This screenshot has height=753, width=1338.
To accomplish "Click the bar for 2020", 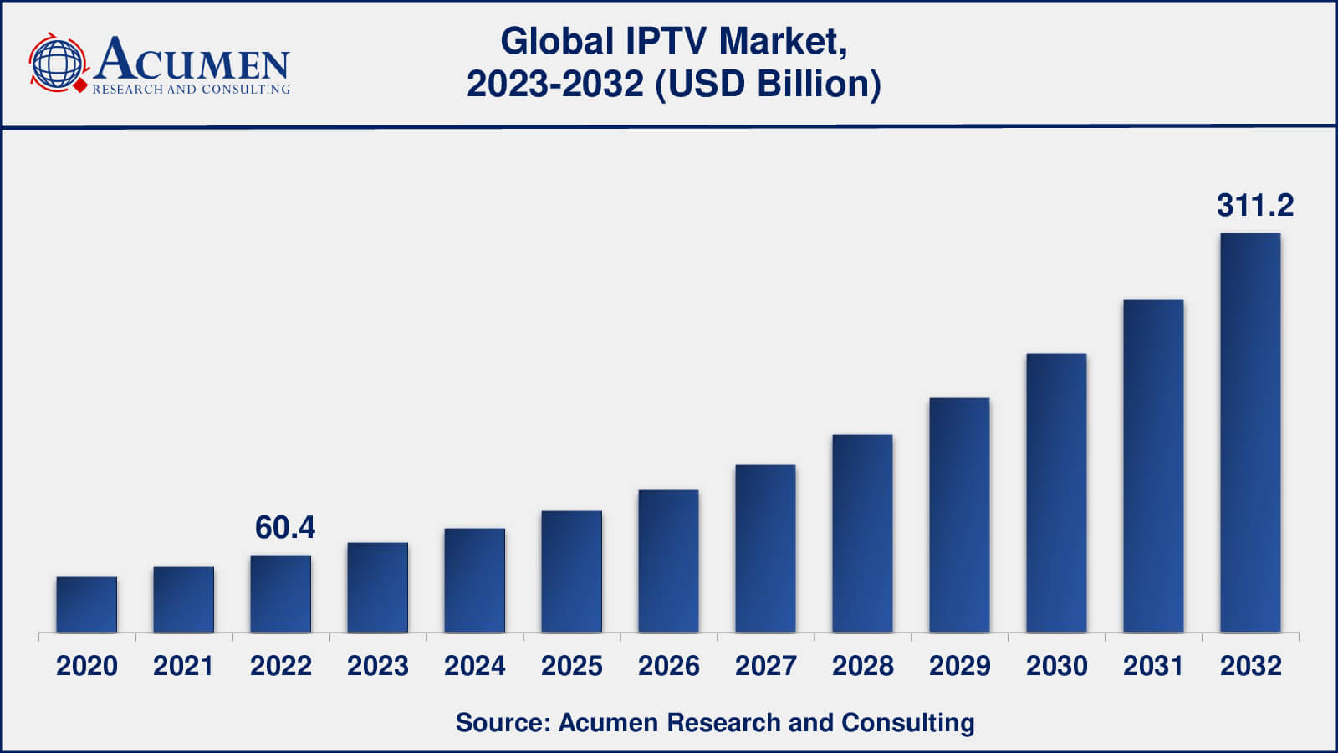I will [x=87, y=604].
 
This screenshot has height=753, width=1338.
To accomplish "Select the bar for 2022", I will [x=281, y=593].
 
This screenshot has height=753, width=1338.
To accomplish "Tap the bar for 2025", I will [x=571, y=571].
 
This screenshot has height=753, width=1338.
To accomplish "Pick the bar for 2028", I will [x=862, y=533].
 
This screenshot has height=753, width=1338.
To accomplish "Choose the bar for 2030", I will [x=1056, y=493].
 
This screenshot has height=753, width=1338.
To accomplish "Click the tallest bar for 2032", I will [x=1250, y=433].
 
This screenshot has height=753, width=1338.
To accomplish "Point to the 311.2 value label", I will [x=1254, y=205].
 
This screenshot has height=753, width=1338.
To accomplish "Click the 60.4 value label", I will [x=284, y=527].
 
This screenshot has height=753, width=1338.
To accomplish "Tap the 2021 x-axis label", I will [x=183, y=666].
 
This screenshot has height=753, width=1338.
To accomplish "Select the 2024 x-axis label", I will [x=474, y=666].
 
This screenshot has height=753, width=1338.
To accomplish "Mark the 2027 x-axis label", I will [x=765, y=666].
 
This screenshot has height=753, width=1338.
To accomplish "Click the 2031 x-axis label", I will [x=1153, y=666].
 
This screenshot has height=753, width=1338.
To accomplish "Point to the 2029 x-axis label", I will [x=959, y=666].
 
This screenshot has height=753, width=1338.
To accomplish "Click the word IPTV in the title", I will [x=668, y=41].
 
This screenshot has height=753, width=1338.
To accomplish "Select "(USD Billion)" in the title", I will [x=768, y=84].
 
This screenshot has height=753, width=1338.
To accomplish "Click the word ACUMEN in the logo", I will [x=192, y=60].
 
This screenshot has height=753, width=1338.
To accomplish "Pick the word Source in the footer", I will [x=498, y=722].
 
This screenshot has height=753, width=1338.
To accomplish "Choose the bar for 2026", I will [x=668, y=561].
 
